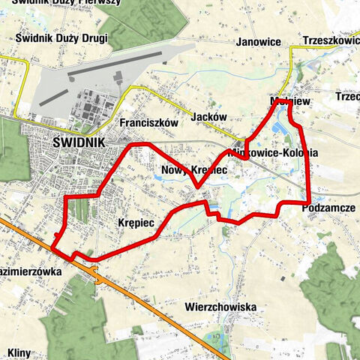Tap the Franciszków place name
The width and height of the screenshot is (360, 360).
coord(147,122)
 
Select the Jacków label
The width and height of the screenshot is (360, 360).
coord(208,118)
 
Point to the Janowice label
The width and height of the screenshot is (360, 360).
coord(259,42)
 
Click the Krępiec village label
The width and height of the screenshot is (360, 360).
coord(136,223)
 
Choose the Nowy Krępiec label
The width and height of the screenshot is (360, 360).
coord(193,171)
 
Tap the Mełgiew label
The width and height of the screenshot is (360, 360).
coord(285,100)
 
